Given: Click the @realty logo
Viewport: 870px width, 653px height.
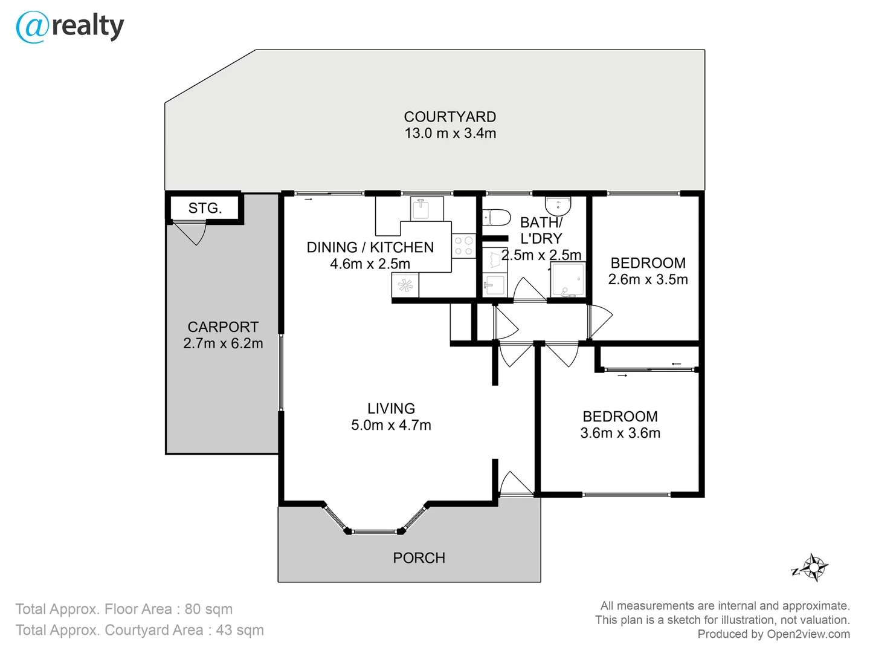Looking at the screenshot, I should (69, 27).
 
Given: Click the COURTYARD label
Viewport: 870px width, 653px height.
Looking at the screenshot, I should (450, 117).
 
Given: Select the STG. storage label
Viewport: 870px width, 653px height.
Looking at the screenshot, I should (205, 209).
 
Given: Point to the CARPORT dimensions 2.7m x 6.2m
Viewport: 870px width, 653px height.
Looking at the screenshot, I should (223, 343).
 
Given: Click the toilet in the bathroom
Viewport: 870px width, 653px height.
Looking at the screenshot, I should (497, 216).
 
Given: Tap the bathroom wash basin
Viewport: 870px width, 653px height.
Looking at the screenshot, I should (558, 206).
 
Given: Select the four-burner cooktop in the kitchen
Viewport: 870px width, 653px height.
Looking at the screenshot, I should (463, 246).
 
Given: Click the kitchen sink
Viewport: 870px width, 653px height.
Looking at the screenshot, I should (420, 209).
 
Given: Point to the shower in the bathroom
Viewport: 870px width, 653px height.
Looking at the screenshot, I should (568, 280).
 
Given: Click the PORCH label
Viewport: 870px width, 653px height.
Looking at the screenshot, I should (419, 558).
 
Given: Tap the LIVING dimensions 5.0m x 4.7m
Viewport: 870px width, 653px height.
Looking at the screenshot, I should (391, 425).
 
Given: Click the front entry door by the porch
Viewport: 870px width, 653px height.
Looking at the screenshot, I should (515, 484).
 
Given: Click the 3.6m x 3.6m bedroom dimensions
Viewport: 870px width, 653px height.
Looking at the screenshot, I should (620, 433).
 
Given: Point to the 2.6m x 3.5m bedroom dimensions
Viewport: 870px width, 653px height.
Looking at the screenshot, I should (648, 279).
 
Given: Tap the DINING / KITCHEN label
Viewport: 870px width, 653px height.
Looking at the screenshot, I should (370, 247).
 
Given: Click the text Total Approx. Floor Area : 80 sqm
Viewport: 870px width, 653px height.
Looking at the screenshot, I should (124, 609).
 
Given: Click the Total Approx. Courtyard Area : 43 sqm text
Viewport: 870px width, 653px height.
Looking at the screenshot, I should (140, 630).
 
